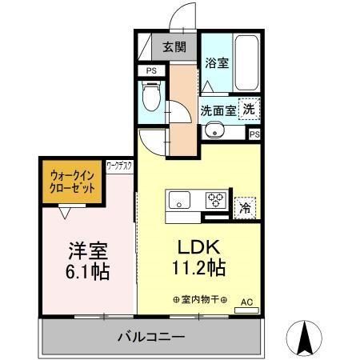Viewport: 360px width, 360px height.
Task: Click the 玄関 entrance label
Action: pos(174,47)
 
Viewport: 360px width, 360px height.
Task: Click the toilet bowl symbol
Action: pos(151,100)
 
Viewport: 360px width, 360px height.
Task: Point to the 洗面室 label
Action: pos(218,111)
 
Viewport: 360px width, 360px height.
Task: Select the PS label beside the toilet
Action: pos(151,71)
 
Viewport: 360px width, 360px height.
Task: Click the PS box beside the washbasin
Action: pos(254,134)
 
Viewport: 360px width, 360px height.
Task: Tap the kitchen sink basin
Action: pos(178,199)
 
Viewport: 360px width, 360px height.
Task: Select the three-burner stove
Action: pos(217,200)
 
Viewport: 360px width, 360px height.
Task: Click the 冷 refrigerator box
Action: pos(245,206)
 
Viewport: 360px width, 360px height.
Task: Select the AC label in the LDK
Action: pos(246,302)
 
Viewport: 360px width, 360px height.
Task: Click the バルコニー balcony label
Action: pos(153,335)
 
